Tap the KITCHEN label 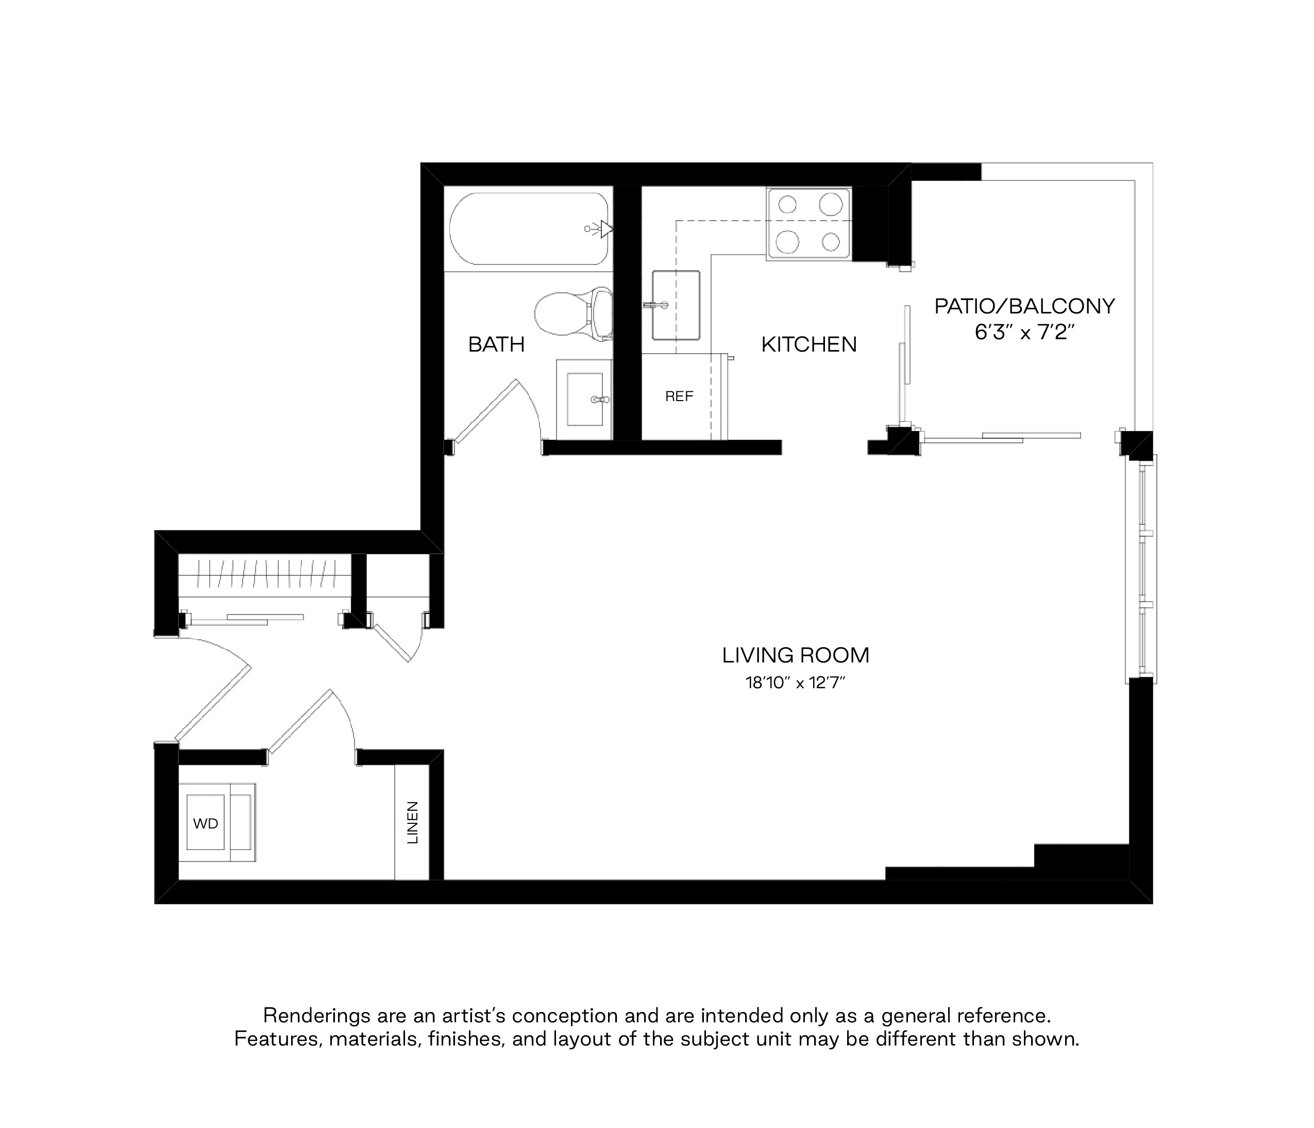pos(808,344)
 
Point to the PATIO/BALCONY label pos(1024,306)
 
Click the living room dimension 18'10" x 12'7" pos(796,683)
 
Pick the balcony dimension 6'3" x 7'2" pos(1024,333)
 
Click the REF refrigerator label pos(679,396)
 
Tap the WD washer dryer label pos(206,823)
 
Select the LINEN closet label pos(413,822)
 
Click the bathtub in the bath pos(529,229)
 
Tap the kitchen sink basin pos(676,305)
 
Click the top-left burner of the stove pos(787,204)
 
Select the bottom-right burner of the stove pos(830,242)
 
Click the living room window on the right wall pos(1141,569)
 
